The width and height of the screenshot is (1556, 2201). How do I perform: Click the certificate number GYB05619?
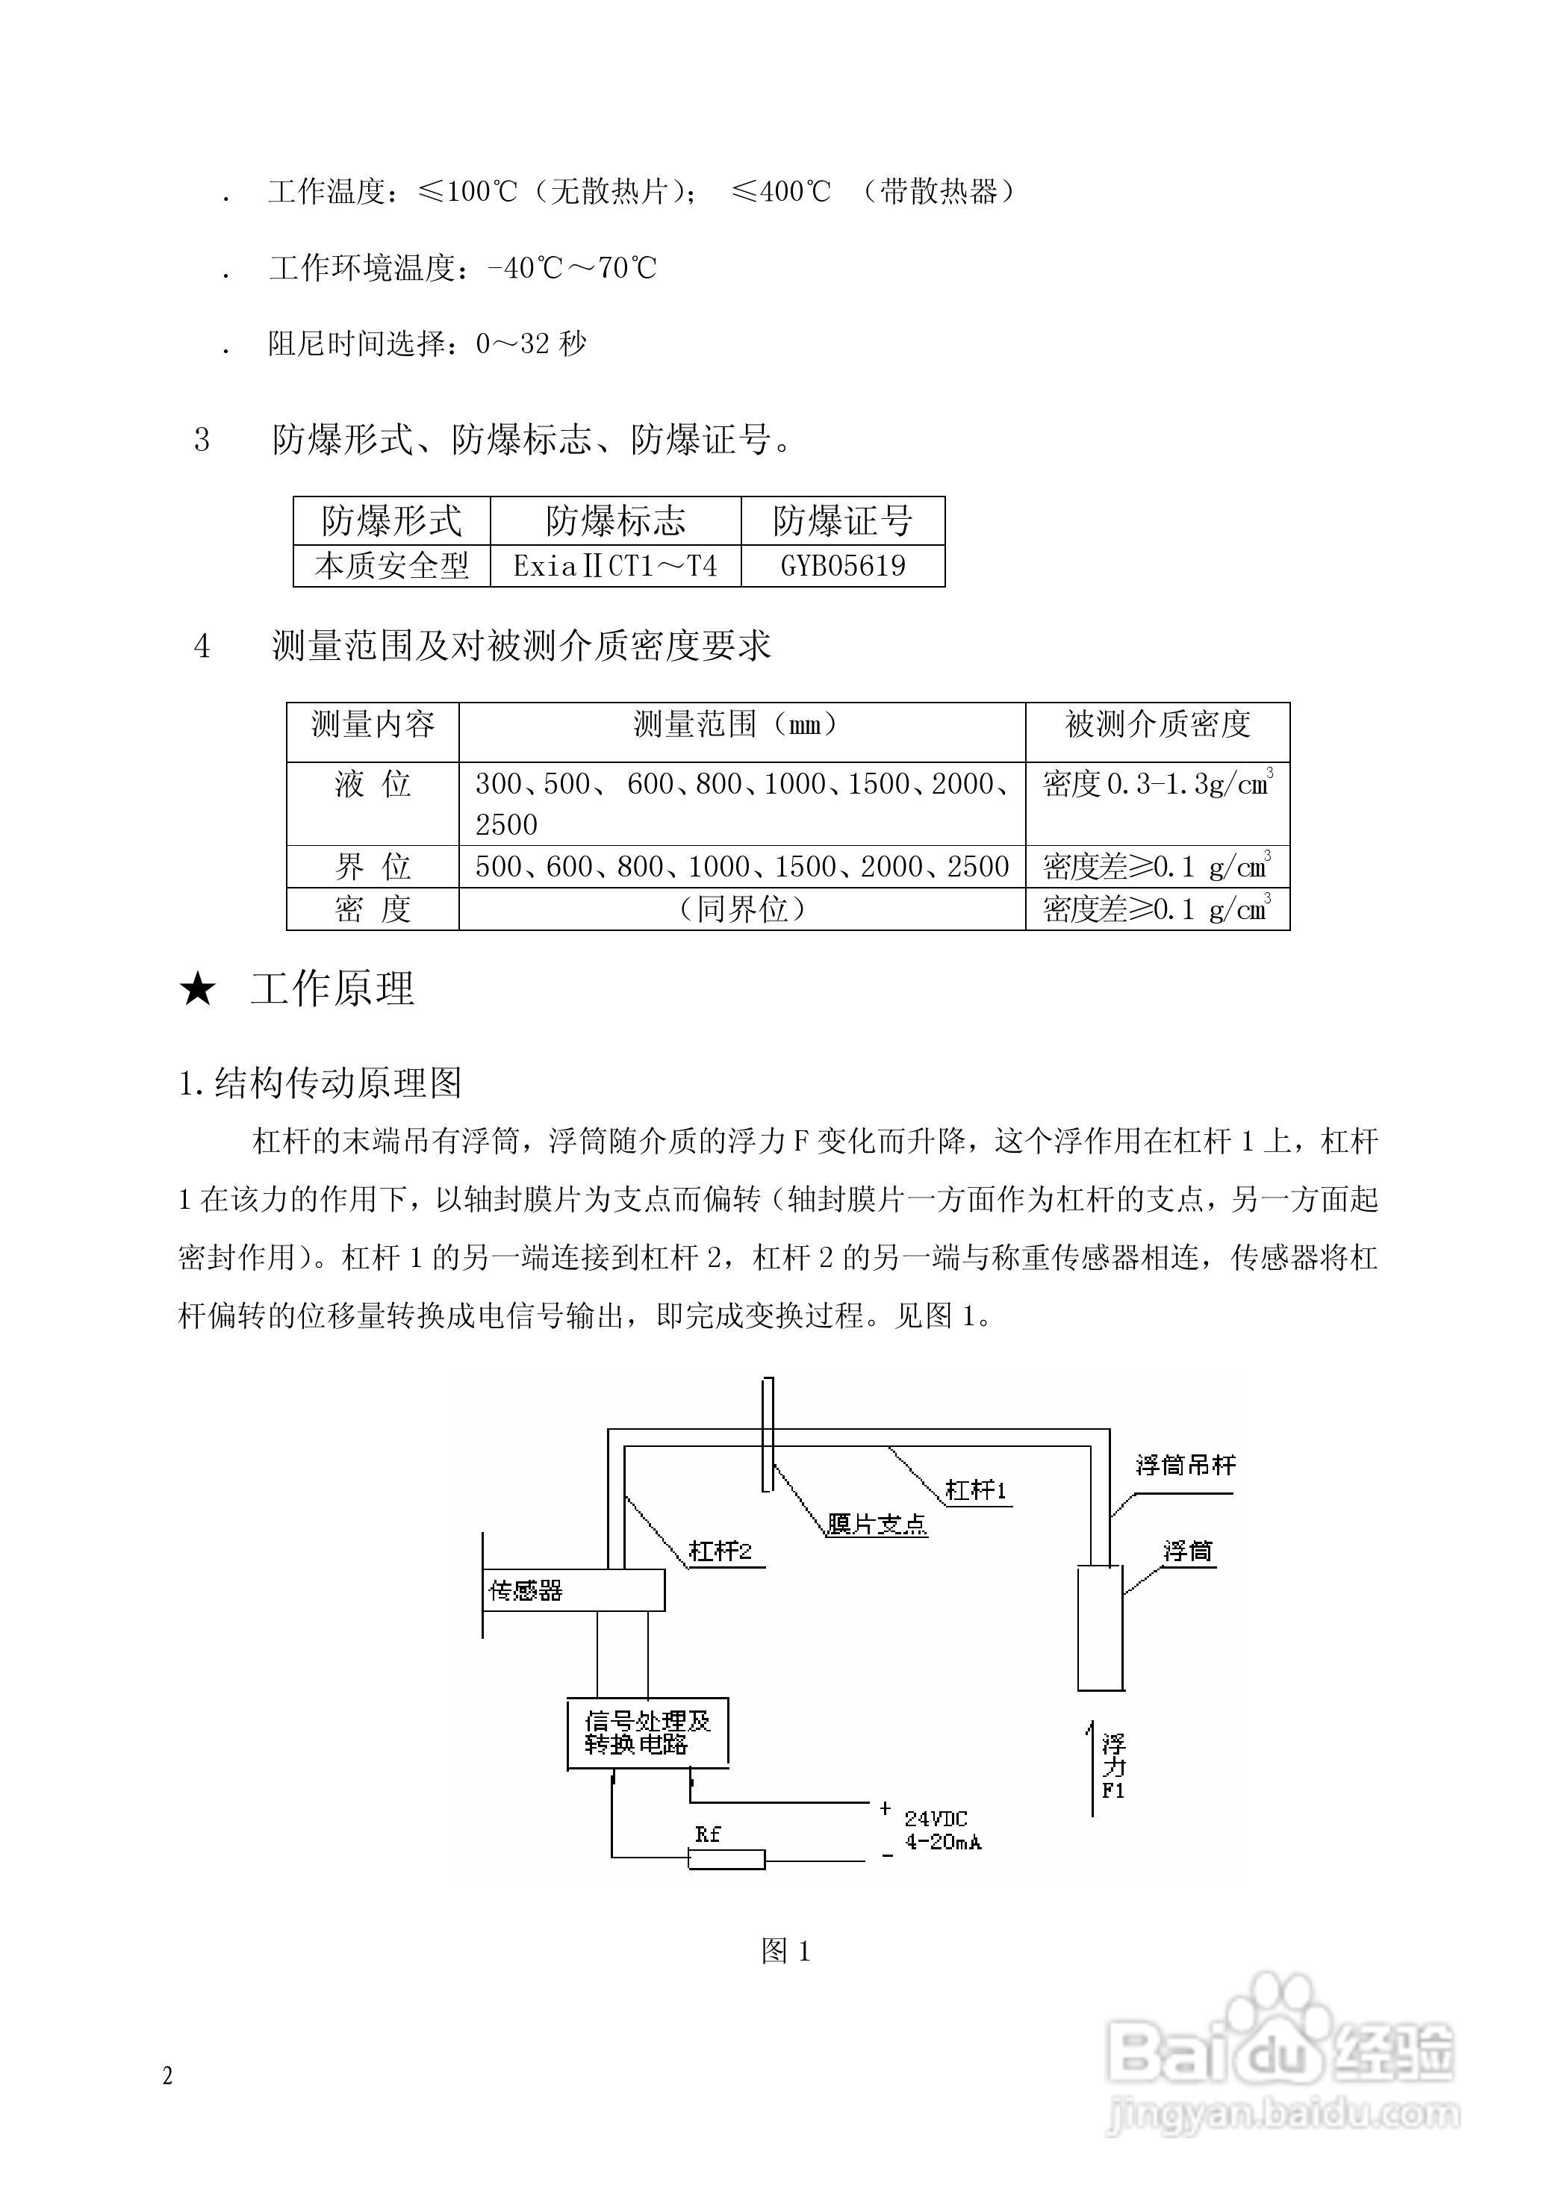tap(843, 566)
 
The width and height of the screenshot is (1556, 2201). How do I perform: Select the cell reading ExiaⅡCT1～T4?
tap(614, 566)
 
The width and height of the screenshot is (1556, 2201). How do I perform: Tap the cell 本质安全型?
tap(391, 566)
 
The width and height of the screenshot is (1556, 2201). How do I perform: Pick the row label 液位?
tap(372, 784)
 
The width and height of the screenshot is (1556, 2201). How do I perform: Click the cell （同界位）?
tap(742, 909)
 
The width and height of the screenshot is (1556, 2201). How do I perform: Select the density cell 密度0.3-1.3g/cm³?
tap(1157, 784)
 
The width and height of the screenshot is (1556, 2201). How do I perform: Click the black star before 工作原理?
tap(198, 989)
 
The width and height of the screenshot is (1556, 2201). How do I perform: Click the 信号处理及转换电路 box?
tap(647, 1732)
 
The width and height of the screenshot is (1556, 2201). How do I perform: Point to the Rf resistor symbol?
tap(726, 1860)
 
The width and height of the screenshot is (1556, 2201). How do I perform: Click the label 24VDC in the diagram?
tap(936, 1819)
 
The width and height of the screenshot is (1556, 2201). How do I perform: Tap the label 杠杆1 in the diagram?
tap(975, 1489)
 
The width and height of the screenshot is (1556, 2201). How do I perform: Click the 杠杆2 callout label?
tap(720, 1551)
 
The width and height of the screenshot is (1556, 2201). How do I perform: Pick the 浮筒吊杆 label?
tap(1185, 1465)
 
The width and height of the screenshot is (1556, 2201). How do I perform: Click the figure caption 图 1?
tap(785, 1951)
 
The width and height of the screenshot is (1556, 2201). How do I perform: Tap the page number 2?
tap(168, 2076)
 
